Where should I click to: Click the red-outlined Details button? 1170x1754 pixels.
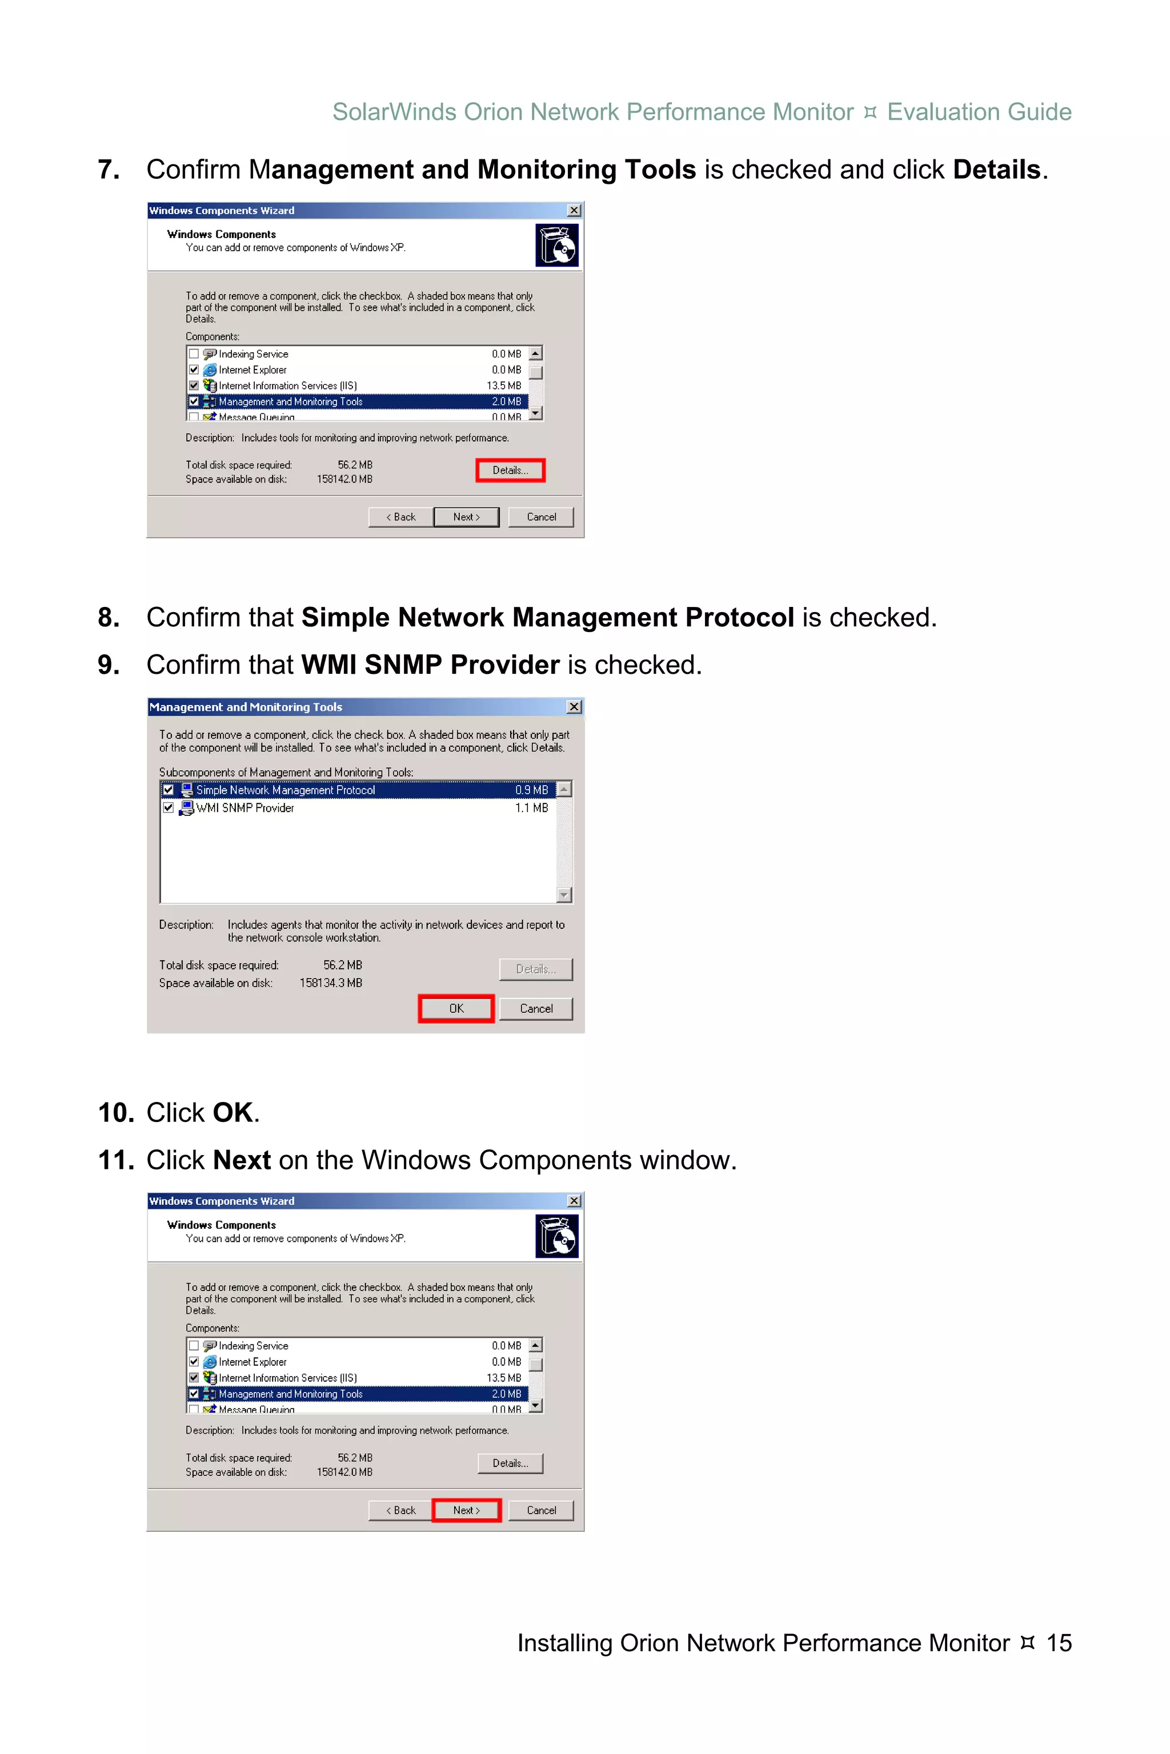[x=510, y=470]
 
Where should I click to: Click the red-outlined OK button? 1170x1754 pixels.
[x=456, y=1008]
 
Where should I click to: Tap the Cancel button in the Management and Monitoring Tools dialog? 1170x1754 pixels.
[x=536, y=1008]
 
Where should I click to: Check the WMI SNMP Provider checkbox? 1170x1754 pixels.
[x=169, y=808]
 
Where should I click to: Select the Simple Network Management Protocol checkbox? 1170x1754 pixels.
[x=169, y=790]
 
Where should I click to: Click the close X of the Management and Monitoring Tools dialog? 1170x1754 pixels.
[x=574, y=706]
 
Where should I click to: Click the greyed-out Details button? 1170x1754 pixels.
[x=536, y=969]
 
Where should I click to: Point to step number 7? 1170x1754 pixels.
[x=109, y=170]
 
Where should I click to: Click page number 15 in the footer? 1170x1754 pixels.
[x=1059, y=1642]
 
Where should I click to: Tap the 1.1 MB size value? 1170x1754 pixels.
[x=531, y=808]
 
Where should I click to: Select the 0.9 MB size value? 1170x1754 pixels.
[x=531, y=790]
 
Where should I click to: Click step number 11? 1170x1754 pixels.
[x=115, y=1160]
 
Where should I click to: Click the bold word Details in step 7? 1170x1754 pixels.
[x=996, y=170]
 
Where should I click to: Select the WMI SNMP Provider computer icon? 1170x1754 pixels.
[x=187, y=808]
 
